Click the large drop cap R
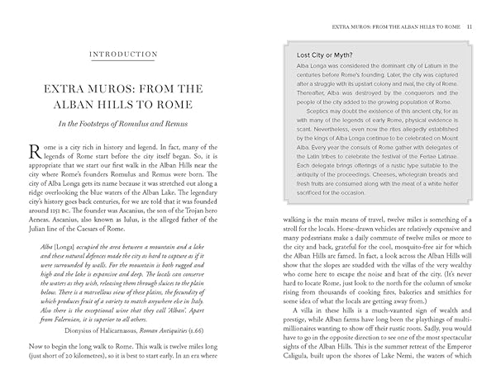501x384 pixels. (x=34, y=151)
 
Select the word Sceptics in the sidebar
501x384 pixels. (x=326, y=109)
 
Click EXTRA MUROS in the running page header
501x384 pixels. (x=353, y=26)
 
